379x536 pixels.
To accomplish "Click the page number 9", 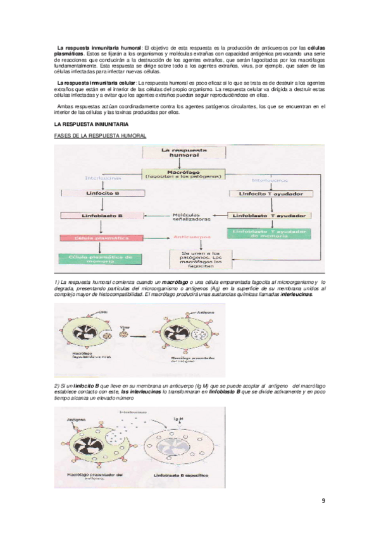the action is pyautogui.click(x=323, y=501).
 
